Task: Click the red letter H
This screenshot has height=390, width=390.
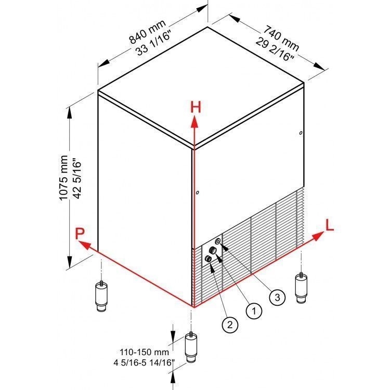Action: pyautogui.click(x=196, y=108)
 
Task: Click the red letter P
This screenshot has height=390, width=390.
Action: pyautogui.click(x=80, y=233)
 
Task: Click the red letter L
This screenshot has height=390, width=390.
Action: pyautogui.click(x=329, y=226)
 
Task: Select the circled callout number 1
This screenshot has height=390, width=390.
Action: pyautogui.click(x=254, y=310)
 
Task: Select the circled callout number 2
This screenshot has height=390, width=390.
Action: pyautogui.click(x=230, y=324)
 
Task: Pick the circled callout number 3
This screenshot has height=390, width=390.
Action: pyautogui.click(x=277, y=297)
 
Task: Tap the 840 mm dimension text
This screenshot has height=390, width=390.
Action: pyautogui.click(x=147, y=31)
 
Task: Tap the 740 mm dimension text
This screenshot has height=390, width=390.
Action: pyautogui.click(x=281, y=38)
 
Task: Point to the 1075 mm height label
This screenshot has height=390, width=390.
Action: pyautogui.click(x=63, y=178)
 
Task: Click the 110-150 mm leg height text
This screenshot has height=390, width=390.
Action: pyautogui.click(x=144, y=352)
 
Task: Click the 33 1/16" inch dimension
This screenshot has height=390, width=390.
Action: pyautogui.click(x=153, y=44)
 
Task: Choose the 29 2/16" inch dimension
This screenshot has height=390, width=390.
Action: pyautogui.click(x=275, y=49)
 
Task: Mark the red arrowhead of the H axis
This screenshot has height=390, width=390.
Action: pyautogui.click(x=194, y=123)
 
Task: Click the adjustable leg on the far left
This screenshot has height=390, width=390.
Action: pyautogui.click(x=101, y=296)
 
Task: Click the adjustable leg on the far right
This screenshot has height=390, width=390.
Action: pyautogui.click(x=301, y=288)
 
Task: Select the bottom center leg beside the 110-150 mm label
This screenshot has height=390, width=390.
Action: pyautogui.click(x=191, y=347)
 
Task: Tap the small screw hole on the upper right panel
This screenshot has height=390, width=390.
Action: pyautogui.click(x=301, y=133)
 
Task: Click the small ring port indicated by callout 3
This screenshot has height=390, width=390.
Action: pyautogui.click(x=218, y=241)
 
